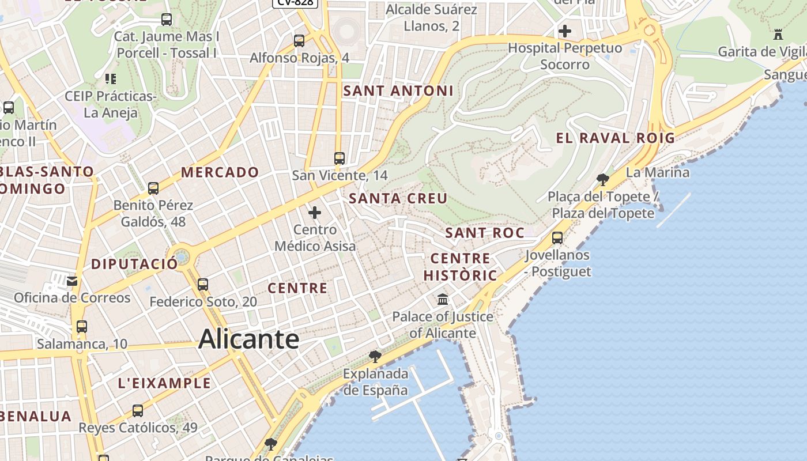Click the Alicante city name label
click(x=248, y=339)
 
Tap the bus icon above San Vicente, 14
click(x=340, y=158)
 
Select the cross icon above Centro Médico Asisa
click(x=315, y=213)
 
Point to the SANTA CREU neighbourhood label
click(x=398, y=198)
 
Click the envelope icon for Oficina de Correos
click(x=72, y=281)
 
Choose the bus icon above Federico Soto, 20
click(x=202, y=284)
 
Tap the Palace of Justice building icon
click(x=443, y=300)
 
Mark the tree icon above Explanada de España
click(x=375, y=356)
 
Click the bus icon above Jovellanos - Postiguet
click(x=557, y=237)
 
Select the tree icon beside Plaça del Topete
click(x=603, y=179)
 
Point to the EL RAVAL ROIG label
click(x=615, y=138)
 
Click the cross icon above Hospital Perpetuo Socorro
click(x=565, y=31)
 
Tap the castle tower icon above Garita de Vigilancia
click(x=778, y=35)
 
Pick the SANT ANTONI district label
click(x=398, y=90)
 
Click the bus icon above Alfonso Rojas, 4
click(x=299, y=40)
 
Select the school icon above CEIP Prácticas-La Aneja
click(x=110, y=78)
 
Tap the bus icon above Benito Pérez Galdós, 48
click(x=153, y=188)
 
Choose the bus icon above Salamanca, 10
click(x=82, y=327)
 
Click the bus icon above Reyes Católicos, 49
click(x=138, y=410)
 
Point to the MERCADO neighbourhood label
click(x=220, y=172)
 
